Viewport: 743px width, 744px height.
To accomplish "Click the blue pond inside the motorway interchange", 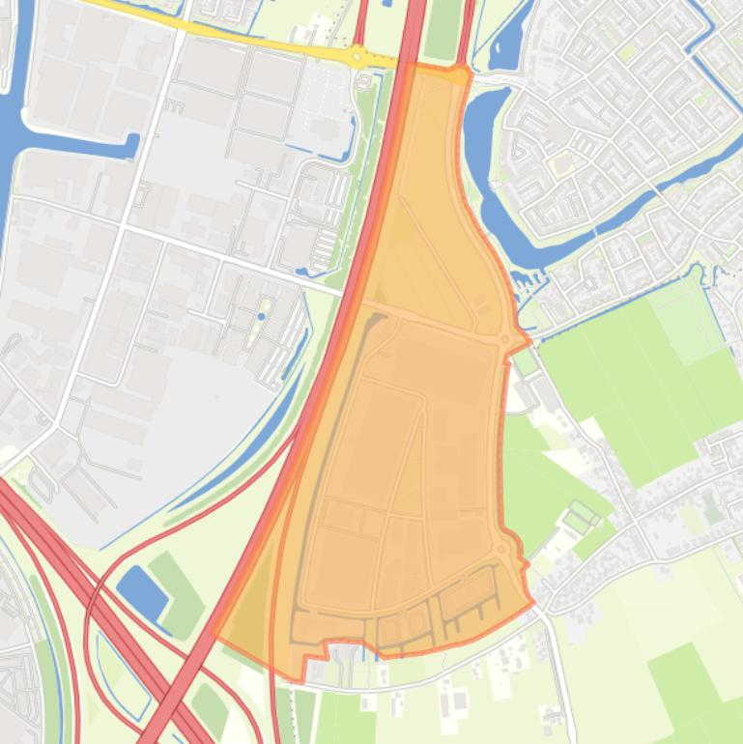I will point(141,590).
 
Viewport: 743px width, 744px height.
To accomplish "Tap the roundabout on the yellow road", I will point(357,56).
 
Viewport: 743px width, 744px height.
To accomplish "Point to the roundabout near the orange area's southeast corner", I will point(502,550).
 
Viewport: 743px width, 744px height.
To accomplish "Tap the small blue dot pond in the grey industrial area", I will point(262,315).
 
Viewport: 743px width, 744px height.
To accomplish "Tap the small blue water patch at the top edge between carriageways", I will point(387,3).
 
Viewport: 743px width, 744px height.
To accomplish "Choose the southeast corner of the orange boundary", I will point(532,604).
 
